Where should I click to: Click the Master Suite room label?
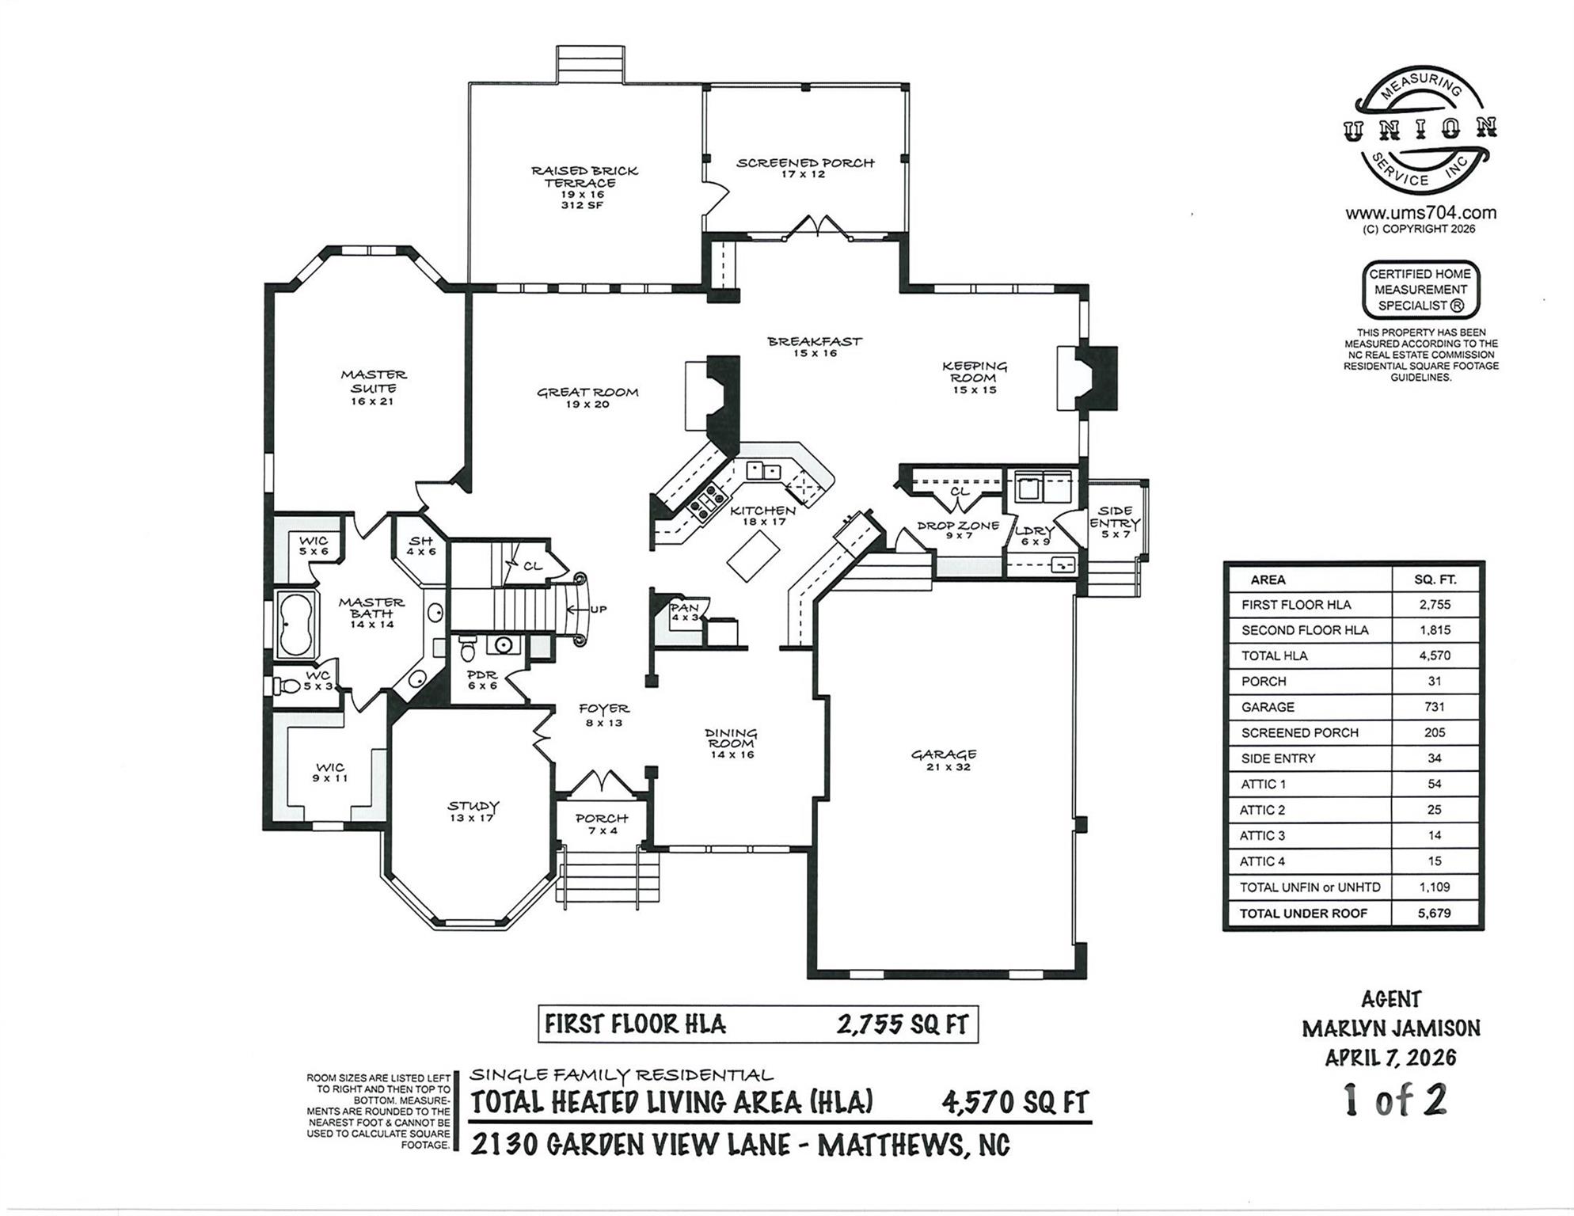point(374,387)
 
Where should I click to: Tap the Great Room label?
point(587,397)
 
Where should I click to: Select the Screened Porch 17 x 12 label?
point(804,168)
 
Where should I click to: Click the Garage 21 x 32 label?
point(943,760)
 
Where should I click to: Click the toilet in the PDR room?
point(468,648)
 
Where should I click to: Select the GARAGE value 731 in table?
point(1434,707)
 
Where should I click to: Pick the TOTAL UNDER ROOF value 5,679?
point(1434,913)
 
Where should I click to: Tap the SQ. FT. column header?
point(1435,579)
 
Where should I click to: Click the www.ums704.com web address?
point(1420,213)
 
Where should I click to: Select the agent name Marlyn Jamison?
point(1390,1028)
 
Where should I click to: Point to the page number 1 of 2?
point(1395,1100)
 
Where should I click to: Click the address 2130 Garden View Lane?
point(739,1145)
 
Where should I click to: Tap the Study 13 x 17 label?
point(473,811)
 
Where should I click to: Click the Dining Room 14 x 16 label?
point(732,743)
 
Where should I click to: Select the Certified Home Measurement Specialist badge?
point(1420,290)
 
